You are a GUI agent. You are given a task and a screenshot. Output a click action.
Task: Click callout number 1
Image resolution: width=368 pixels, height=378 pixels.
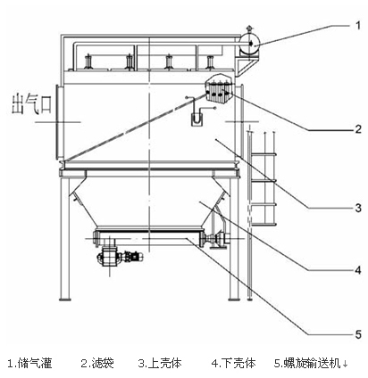[x=358, y=25]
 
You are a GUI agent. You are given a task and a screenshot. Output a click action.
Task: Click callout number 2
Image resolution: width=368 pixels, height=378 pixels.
[x=358, y=129]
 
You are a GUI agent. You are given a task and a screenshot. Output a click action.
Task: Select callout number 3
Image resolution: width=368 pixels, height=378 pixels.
[x=358, y=208]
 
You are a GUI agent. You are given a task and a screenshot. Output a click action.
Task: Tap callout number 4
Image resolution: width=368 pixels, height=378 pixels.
[x=358, y=270]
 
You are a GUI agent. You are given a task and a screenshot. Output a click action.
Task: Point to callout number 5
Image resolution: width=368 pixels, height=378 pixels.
[x=358, y=334]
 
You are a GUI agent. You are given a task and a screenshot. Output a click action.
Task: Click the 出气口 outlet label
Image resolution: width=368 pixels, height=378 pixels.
[x=32, y=103]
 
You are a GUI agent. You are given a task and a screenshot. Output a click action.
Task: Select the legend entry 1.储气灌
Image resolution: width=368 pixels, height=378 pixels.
[x=29, y=363]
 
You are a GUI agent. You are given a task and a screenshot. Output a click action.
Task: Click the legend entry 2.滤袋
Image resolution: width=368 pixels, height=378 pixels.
[x=97, y=363]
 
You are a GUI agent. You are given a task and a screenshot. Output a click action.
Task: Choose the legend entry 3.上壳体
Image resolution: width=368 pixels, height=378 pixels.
[x=160, y=363]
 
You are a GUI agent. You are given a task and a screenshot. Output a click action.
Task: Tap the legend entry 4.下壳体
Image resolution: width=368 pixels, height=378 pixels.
[x=234, y=363]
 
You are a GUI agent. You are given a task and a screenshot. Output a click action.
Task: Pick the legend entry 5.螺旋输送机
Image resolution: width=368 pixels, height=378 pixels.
[x=307, y=363]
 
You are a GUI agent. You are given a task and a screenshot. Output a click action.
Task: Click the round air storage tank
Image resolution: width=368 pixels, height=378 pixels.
[x=250, y=44]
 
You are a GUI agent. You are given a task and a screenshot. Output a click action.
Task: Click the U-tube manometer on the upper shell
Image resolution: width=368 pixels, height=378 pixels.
[x=197, y=118]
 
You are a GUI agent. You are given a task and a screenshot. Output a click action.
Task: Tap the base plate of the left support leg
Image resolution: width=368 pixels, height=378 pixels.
[x=65, y=299]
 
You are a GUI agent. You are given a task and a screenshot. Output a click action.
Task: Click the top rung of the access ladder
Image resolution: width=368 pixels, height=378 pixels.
[x=264, y=154]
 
